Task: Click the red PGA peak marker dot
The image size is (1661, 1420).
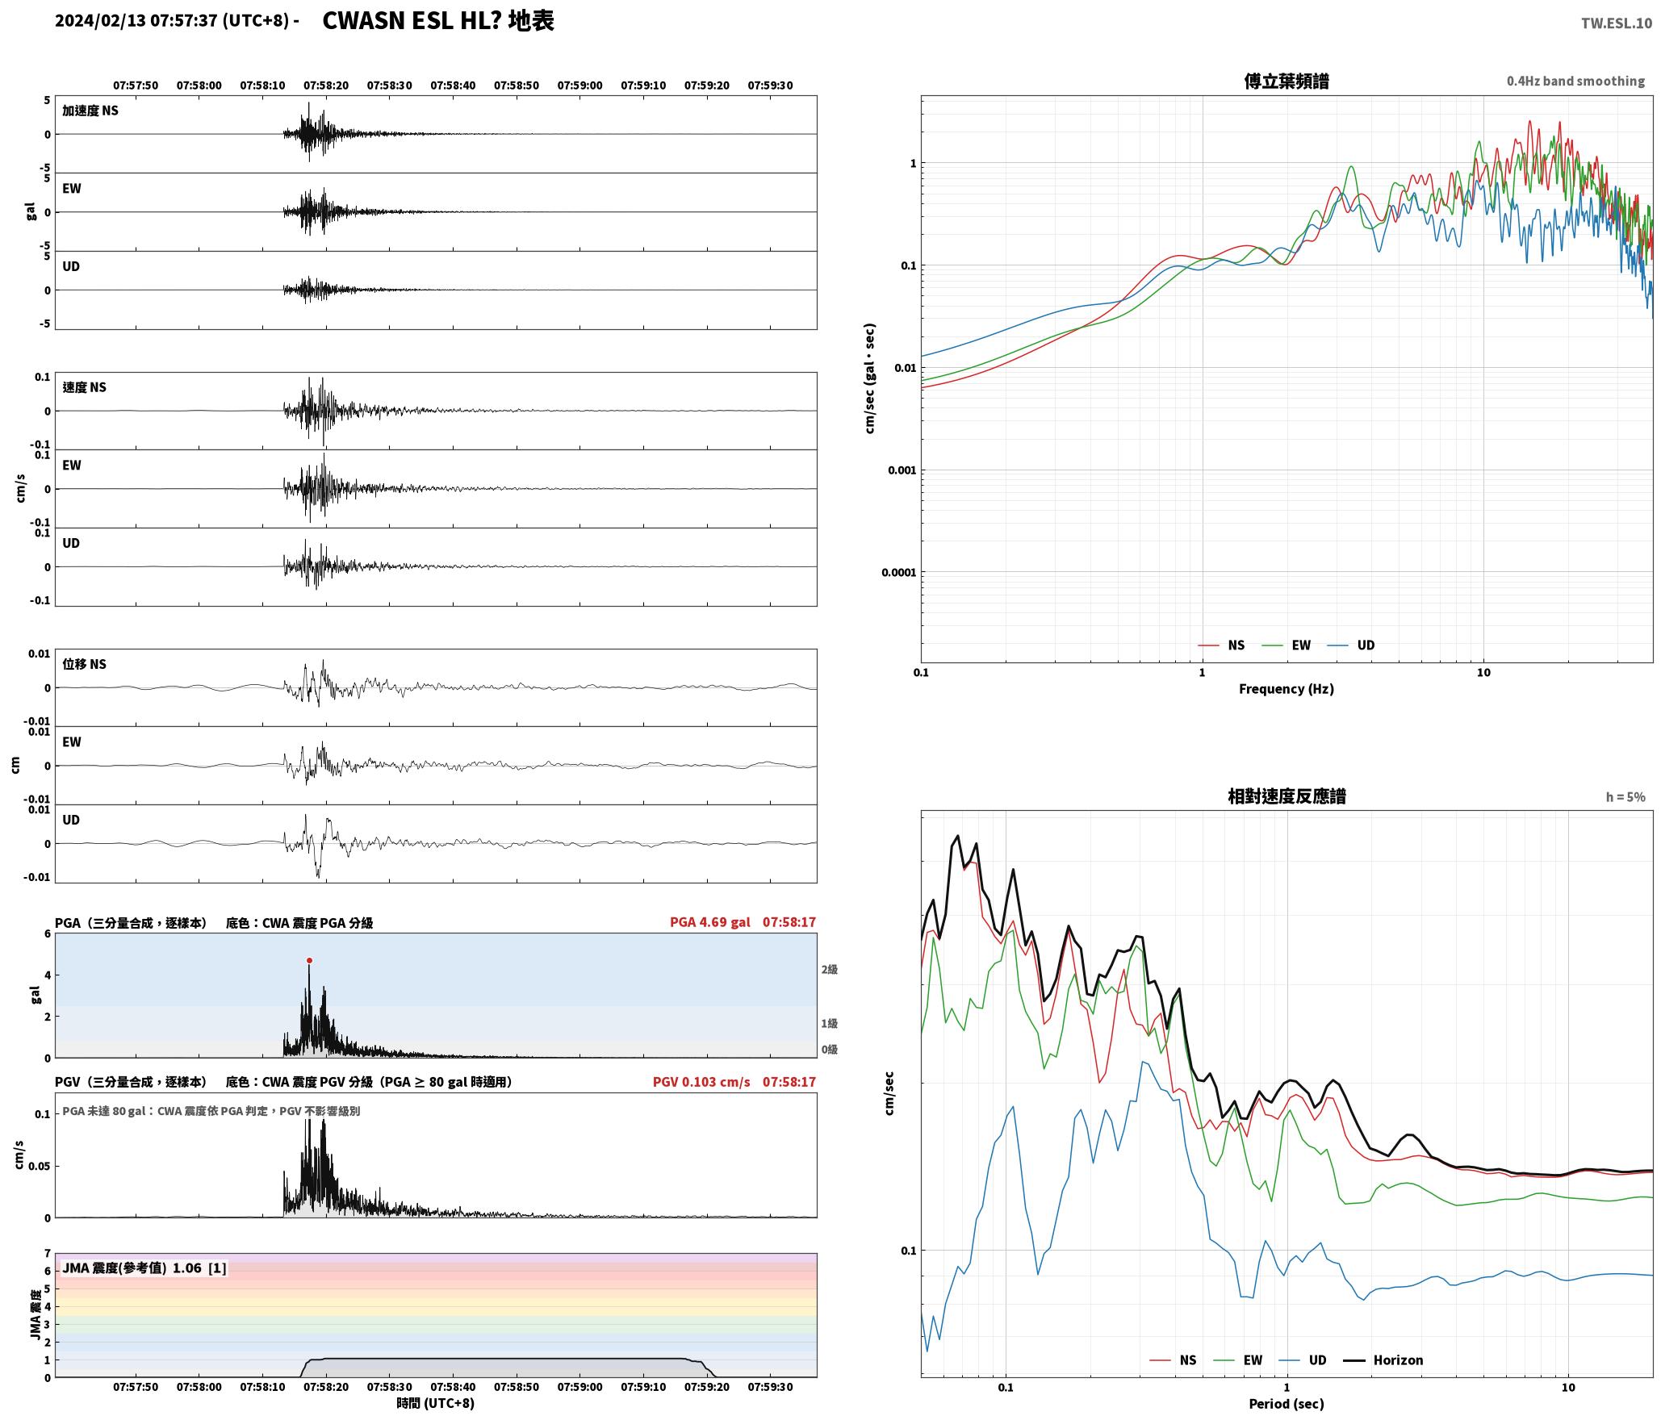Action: [x=309, y=960]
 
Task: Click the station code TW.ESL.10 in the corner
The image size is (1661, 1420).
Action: [x=1616, y=23]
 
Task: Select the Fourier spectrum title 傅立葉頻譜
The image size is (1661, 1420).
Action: [x=1287, y=81]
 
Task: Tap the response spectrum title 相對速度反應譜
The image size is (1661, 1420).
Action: [x=1287, y=796]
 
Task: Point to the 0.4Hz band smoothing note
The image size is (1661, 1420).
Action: [x=1575, y=81]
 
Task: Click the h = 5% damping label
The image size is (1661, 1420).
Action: [x=1625, y=797]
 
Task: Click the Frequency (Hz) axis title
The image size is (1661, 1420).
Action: [x=1287, y=688]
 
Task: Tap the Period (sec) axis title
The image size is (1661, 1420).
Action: [x=1287, y=1403]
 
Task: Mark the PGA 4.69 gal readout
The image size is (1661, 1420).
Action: [x=710, y=921]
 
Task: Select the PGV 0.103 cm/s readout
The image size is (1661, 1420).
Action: [x=701, y=1081]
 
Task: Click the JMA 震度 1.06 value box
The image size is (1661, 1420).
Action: [x=144, y=1268]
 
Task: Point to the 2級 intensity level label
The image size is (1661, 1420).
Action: [x=829, y=969]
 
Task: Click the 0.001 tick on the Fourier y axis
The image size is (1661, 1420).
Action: [x=902, y=470]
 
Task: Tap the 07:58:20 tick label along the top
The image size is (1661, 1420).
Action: [x=326, y=85]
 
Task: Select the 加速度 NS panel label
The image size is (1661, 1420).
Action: [x=90, y=111]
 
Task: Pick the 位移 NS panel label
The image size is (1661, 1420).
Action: [x=84, y=664]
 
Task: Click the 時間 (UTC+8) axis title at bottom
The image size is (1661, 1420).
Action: [x=435, y=1403]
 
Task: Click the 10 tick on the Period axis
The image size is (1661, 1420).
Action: [x=1567, y=1387]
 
